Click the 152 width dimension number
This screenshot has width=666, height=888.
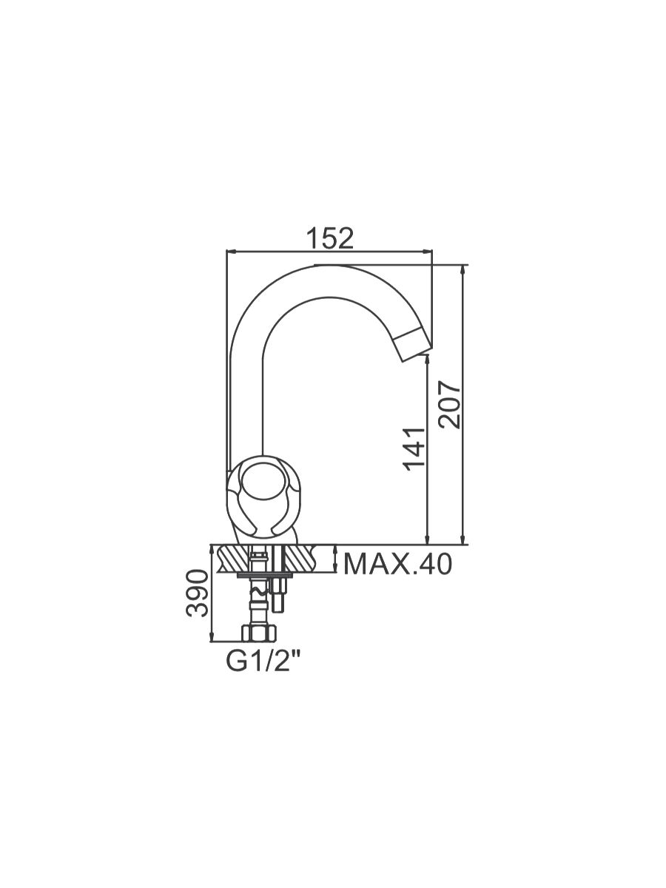point(330,239)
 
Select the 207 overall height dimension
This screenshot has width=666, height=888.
point(450,404)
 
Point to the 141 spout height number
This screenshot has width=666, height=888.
point(415,449)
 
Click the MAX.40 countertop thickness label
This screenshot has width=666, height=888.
point(397,565)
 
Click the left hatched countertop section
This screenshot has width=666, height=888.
point(233,558)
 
